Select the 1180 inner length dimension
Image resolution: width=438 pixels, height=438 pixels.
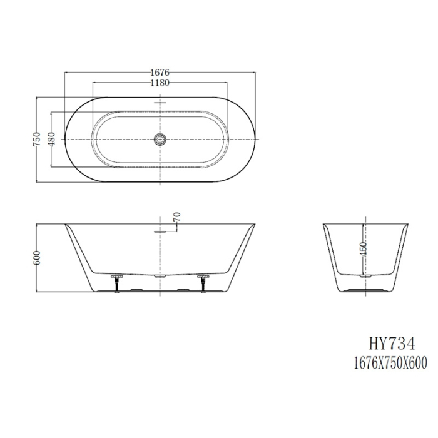[x=161, y=83]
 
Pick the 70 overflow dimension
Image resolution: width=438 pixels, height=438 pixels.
[x=178, y=218]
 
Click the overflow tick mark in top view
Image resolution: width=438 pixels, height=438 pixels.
[x=161, y=101]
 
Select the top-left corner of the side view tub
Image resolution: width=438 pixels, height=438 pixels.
[x=66, y=223]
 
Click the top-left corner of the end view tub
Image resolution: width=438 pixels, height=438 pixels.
[x=323, y=223]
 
